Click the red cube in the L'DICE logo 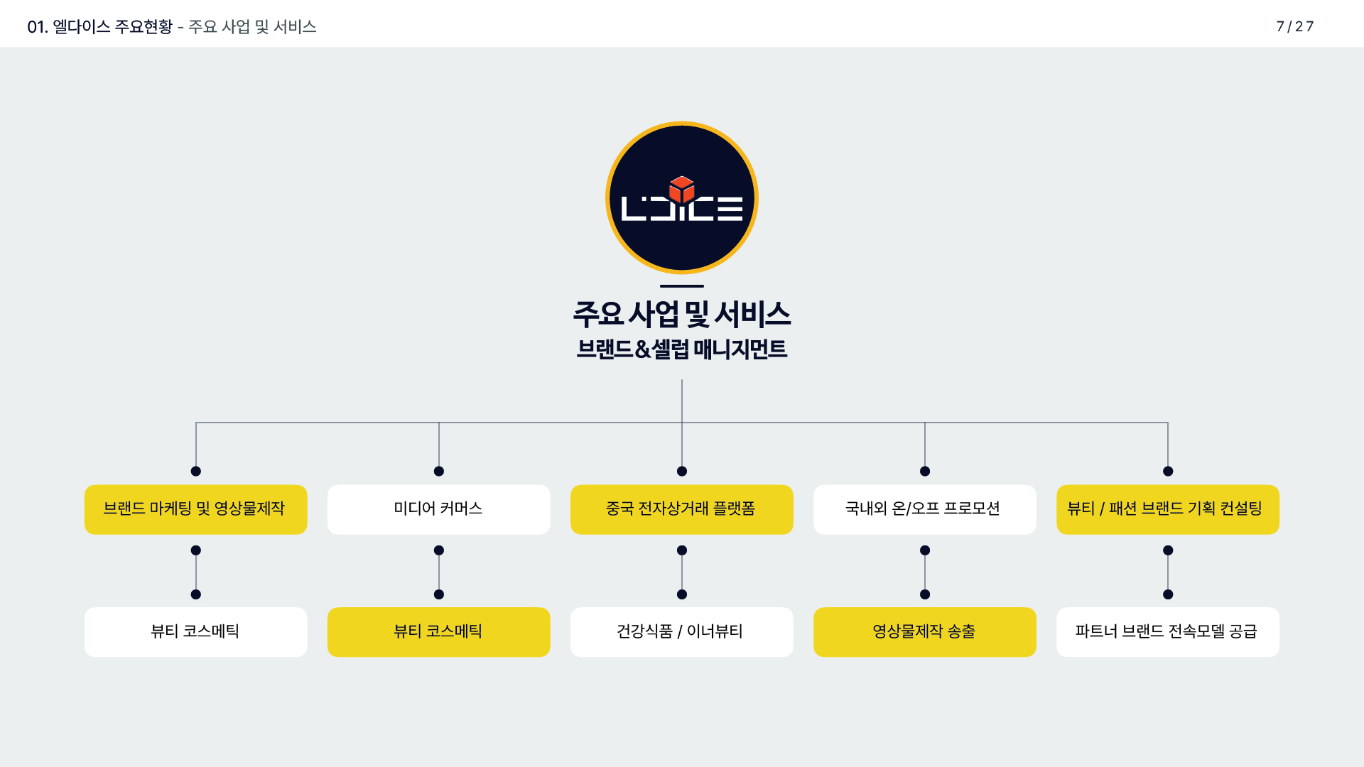click(x=681, y=188)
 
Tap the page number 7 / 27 click(x=1294, y=26)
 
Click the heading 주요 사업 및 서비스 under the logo click(x=681, y=315)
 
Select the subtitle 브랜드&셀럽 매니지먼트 click(x=681, y=349)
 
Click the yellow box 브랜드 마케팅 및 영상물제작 click(x=195, y=509)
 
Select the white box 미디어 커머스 click(x=438, y=509)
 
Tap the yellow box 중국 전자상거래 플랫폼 click(x=681, y=509)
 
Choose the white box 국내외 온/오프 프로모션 click(x=924, y=509)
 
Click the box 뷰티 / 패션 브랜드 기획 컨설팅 click(x=1167, y=509)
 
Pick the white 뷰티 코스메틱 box click(x=195, y=631)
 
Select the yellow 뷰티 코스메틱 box click(x=438, y=631)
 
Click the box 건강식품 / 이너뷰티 click(x=681, y=631)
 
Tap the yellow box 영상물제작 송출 click(x=924, y=631)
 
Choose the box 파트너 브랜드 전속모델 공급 click(x=1167, y=631)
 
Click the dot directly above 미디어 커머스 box click(x=439, y=471)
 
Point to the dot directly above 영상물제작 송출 click(x=925, y=594)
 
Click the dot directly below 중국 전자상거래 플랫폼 click(x=682, y=550)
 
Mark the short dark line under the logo click(x=681, y=286)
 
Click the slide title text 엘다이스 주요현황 click(x=112, y=27)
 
